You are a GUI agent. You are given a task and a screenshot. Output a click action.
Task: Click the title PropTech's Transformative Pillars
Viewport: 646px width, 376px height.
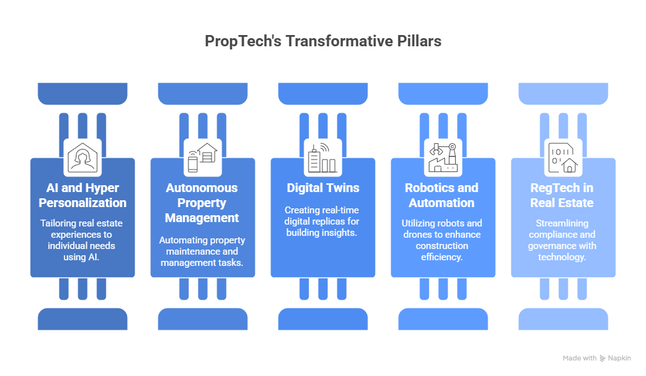tap(323, 41)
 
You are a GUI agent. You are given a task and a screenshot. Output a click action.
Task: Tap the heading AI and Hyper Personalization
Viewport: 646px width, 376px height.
tap(83, 195)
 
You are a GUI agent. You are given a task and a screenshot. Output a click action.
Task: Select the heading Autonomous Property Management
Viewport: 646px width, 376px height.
tap(202, 203)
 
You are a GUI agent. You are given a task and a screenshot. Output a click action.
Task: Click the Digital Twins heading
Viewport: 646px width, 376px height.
tap(322, 188)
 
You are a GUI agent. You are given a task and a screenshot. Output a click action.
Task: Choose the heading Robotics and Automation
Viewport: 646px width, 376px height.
tap(443, 195)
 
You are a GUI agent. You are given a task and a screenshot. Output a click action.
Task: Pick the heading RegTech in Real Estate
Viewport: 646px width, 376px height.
tap(562, 195)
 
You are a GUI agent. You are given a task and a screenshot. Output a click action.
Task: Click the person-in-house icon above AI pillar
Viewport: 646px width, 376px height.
tap(83, 157)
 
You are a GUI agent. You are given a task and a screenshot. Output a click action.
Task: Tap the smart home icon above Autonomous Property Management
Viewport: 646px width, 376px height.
tap(202, 157)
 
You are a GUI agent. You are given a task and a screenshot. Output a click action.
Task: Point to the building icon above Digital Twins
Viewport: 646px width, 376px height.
tap(322, 157)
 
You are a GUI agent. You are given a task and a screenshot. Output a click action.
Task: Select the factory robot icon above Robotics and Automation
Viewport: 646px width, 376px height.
tap(443, 157)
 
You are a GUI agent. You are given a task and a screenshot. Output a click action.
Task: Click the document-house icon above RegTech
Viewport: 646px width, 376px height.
tap(562, 157)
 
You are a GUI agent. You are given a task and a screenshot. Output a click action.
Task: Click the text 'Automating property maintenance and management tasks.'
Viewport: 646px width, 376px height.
tap(202, 251)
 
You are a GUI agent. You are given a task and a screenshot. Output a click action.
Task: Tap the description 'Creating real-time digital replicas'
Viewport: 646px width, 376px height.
tap(322, 221)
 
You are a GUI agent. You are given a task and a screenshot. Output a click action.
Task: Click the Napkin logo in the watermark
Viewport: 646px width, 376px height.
tap(603, 358)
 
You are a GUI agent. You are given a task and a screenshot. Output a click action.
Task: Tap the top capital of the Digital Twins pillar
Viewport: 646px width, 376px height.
tap(323, 94)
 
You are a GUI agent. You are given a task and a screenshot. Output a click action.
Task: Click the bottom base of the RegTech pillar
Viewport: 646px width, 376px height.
tap(563, 318)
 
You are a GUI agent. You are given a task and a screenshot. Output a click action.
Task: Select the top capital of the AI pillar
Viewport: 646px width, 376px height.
tap(83, 94)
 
